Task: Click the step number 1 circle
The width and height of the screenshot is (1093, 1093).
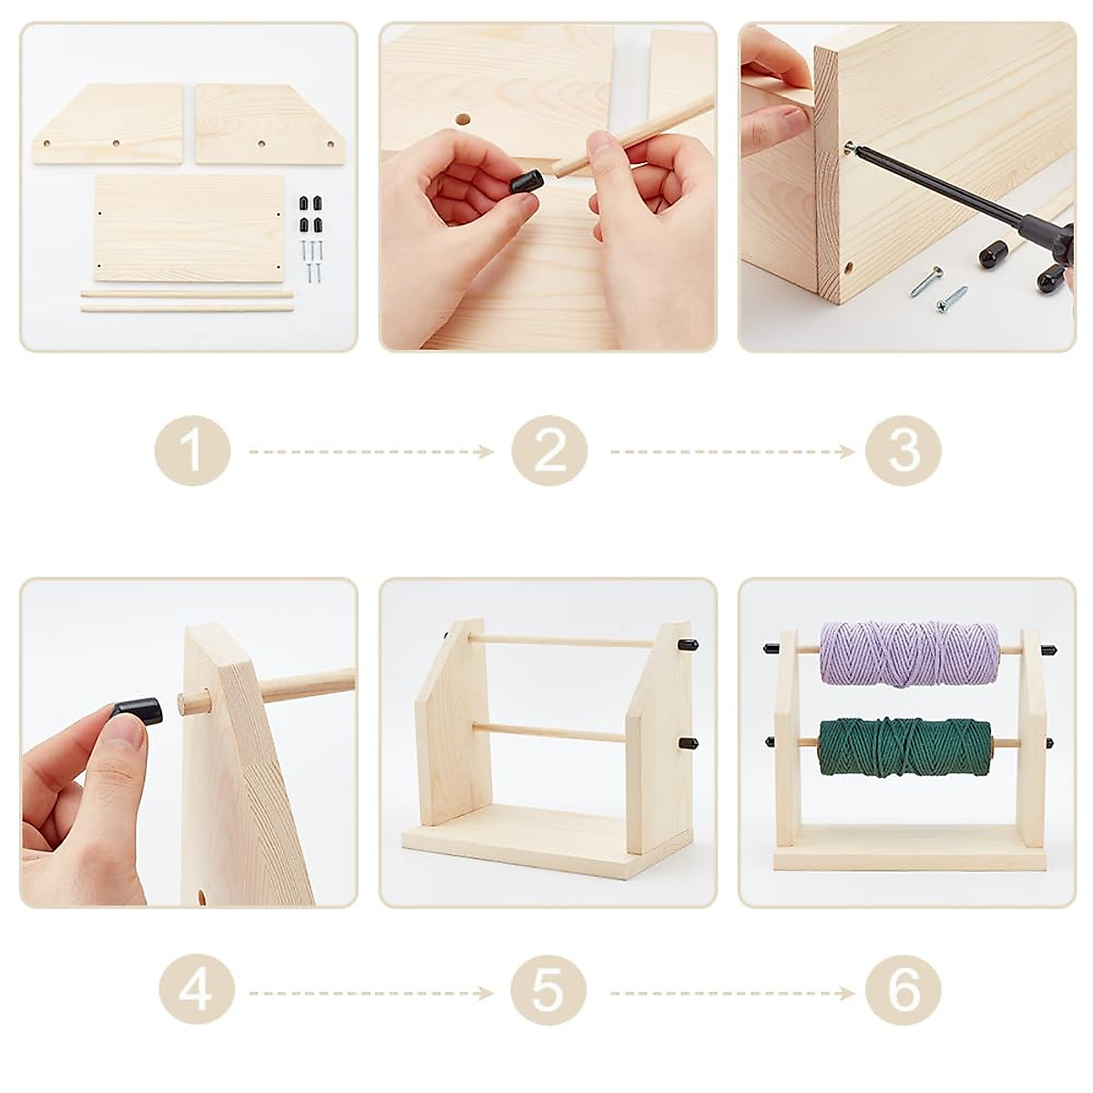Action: tap(192, 451)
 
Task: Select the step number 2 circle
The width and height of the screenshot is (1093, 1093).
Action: tap(549, 451)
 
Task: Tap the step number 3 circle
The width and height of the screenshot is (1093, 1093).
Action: tap(903, 451)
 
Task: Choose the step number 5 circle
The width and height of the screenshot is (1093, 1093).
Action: tap(548, 990)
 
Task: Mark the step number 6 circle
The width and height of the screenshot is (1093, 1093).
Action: tap(903, 990)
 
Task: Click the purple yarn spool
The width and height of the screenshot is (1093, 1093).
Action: tap(909, 654)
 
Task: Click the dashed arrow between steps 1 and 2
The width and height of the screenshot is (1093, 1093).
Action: tap(371, 452)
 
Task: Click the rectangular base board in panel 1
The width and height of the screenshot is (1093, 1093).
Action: tap(189, 228)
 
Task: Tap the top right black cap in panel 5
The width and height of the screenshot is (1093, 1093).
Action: tap(686, 645)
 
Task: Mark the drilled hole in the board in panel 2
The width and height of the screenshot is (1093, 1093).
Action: tap(463, 120)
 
